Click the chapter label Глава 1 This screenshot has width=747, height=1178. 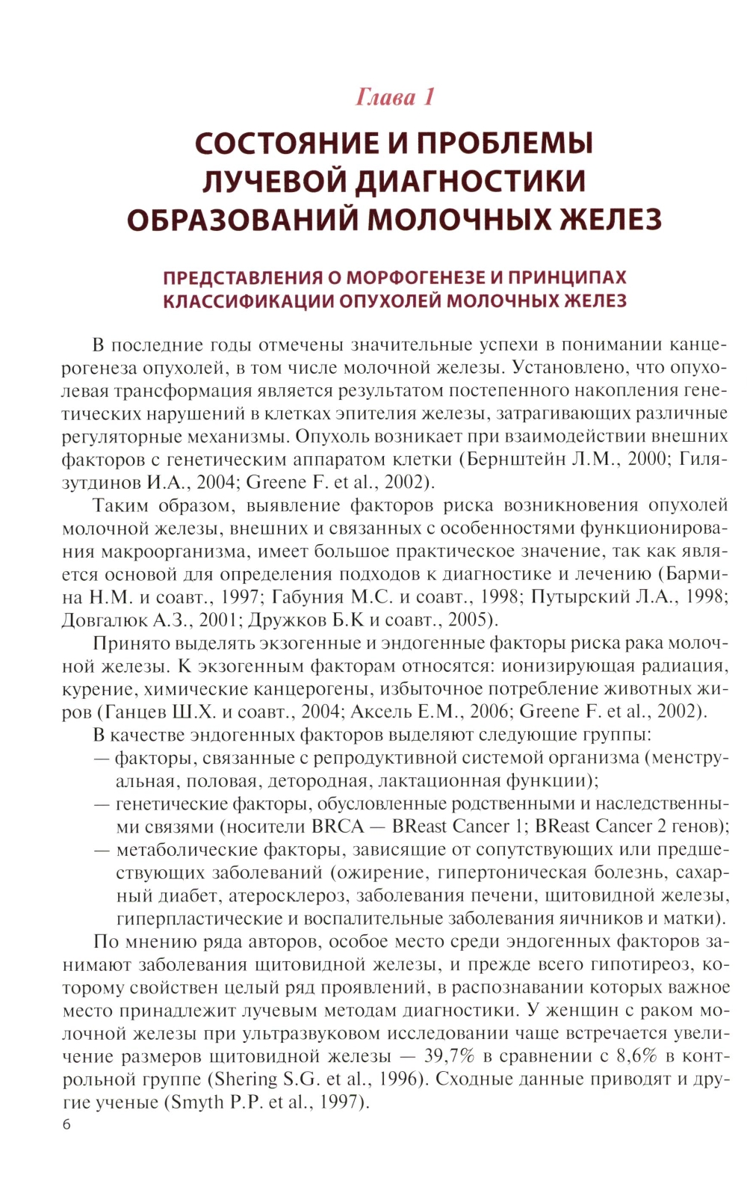pyautogui.click(x=394, y=97)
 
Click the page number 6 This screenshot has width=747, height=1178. pyautogui.click(x=66, y=1124)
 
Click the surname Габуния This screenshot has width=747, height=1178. pyautogui.click(x=304, y=596)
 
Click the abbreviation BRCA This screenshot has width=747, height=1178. pyautogui.click(x=338, y=826)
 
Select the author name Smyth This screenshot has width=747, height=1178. pyautogui.click(x=196, y=1103)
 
